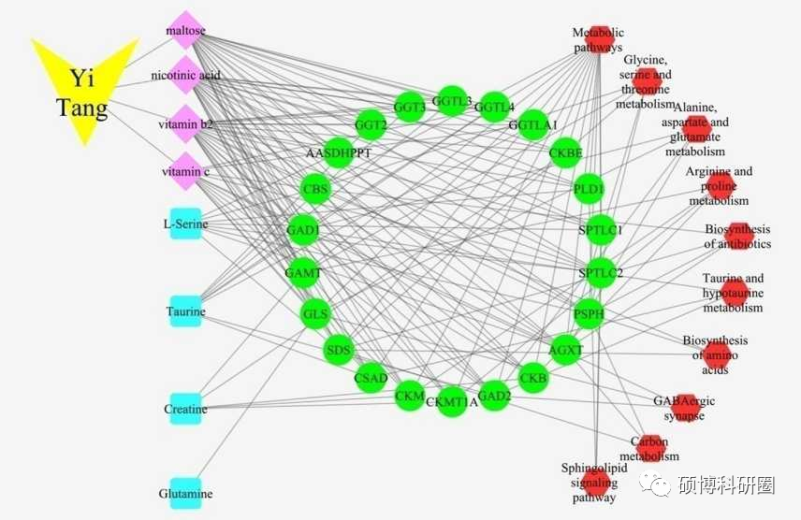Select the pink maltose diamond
click(x=186, y=30)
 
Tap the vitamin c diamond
click(x=186, y=171)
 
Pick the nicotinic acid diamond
click(x=186, y=76)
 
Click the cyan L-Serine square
click(x=186, y=224)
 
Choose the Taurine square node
click(x=186, y=311)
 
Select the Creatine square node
click(x=186, y=409)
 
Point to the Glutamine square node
click(x=186, y=494)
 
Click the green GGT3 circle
click(x=410, y=108)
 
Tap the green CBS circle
click(x=315, y=190)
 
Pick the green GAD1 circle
click(x=303, y=230)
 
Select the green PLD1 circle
click(x=589, y=189)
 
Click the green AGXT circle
click(x=566, y=351)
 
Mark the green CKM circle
click(x=410, y=396)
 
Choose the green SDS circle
click(x=339, y=351)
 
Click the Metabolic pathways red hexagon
click(x=599, y=39)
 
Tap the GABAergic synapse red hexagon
click(x=686, y=408)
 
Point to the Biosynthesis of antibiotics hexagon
click(x=738, y=236)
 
